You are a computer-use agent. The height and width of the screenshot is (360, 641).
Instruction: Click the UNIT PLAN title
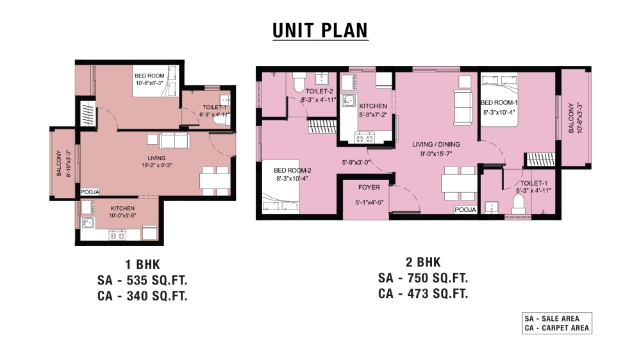click(320, 31)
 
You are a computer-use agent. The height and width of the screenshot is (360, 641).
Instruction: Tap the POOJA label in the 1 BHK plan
click(90, 192)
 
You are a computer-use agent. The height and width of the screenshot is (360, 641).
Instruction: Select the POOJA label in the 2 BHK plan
click(465, 209)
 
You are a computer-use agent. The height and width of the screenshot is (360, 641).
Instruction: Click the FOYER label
click(369, 187)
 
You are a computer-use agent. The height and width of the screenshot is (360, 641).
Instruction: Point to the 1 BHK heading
click(143, 265)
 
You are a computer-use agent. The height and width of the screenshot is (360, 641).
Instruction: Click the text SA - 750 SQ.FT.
click(423, 278)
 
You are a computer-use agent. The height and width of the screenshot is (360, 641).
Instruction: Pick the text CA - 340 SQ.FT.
click(142, 295)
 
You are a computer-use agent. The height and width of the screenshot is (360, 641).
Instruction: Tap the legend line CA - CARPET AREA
click(557, 328)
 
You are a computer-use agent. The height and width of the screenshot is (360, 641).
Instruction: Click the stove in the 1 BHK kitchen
click(117, 235)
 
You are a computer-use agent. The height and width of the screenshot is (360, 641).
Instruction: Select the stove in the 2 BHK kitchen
click(364, 138)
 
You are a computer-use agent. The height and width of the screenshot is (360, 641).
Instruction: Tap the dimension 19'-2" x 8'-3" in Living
click(156, 165)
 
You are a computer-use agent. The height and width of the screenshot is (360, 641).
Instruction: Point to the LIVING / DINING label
click(436, 144)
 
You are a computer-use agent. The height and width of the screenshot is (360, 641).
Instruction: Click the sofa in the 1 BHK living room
click(174, 141)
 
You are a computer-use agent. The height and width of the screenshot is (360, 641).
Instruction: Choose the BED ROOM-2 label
click(292, 170)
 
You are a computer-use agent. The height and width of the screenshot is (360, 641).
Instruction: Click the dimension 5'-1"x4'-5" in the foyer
click(369, 202)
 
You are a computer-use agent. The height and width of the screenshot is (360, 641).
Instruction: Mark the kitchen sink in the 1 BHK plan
click(87, 223)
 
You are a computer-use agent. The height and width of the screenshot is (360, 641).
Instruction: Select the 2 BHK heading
click(423, 262)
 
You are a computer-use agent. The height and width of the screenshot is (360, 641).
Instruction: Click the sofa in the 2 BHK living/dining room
click(463, 108)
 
